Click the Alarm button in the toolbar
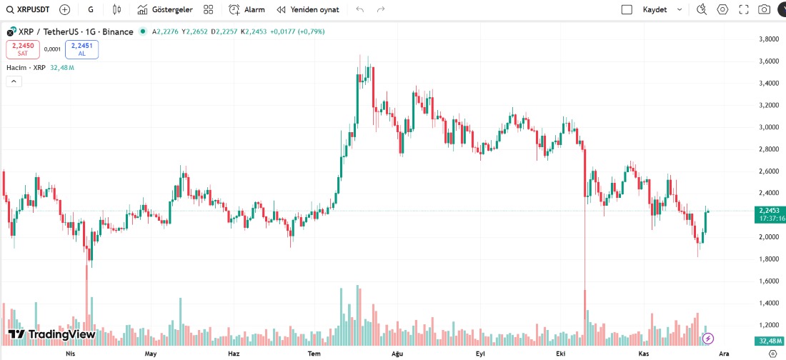tap(247, 10)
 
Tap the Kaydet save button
tap(655, 10)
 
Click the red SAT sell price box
tap(24, 49)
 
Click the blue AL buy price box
tap(81, 49)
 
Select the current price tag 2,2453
tap(770, 211)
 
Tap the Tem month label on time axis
tap(314, 354)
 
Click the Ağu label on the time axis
tap(397, 354)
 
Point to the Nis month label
tap(70, 354)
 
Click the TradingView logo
tap(51, 334)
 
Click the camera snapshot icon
tap(764, 10)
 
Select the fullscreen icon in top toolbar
tap(743, 10)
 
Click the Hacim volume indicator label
tap(26, 67)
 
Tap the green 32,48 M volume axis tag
tap(770, 341)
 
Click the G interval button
tap(90, 10)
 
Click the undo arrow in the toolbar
tap(359, 10)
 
